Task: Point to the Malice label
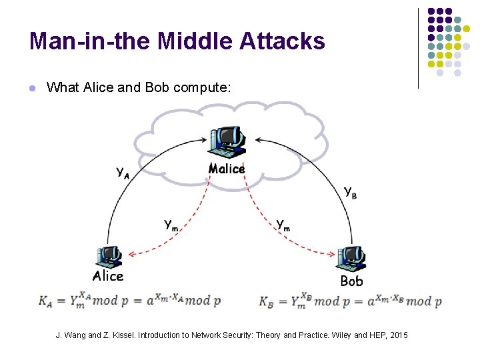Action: point(227,169)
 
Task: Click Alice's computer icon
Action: point(107,256)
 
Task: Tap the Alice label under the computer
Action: point(108,276)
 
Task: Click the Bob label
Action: point(351,281)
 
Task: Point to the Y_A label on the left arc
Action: point(123,173)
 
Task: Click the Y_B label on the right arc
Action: point(350,191)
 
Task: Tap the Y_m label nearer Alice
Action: point(171,225)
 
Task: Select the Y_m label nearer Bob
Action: point(283,225)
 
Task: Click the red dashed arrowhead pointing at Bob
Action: point(332,253)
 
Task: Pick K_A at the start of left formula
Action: point(46,301)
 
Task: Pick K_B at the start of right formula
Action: point(267,301)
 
